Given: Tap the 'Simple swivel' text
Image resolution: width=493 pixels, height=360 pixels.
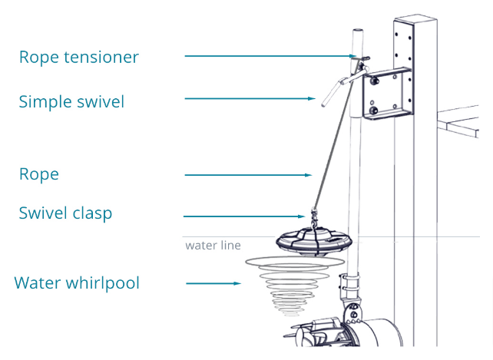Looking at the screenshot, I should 71,101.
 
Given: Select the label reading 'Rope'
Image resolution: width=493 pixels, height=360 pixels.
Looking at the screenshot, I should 38,174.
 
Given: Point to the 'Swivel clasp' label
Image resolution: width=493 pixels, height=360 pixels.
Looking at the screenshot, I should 65,213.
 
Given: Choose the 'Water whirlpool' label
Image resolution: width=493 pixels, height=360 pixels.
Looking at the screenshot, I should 77,282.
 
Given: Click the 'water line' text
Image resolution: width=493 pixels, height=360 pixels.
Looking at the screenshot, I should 213,246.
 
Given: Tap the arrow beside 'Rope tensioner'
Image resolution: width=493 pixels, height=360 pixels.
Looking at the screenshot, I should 269,56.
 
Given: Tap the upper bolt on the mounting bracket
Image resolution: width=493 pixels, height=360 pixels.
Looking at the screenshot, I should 375,78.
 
